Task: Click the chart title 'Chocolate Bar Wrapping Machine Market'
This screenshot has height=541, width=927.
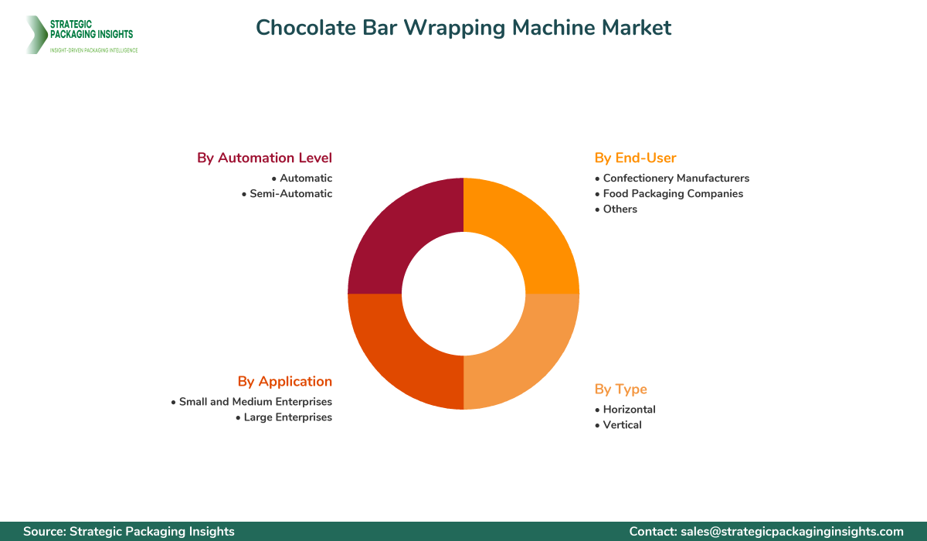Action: click(x=463, y=28)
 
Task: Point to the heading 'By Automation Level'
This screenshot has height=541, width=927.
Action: click(x=264, y=158)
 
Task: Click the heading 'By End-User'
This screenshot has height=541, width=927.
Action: click(x=635, y=158)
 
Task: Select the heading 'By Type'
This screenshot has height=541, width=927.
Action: click(x=620, y=389)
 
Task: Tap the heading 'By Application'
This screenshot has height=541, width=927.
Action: click(x=284, y=381)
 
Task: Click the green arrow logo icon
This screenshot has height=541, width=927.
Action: click(x=36, y=35)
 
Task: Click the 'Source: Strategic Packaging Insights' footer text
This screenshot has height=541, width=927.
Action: click(x=129, y=532)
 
